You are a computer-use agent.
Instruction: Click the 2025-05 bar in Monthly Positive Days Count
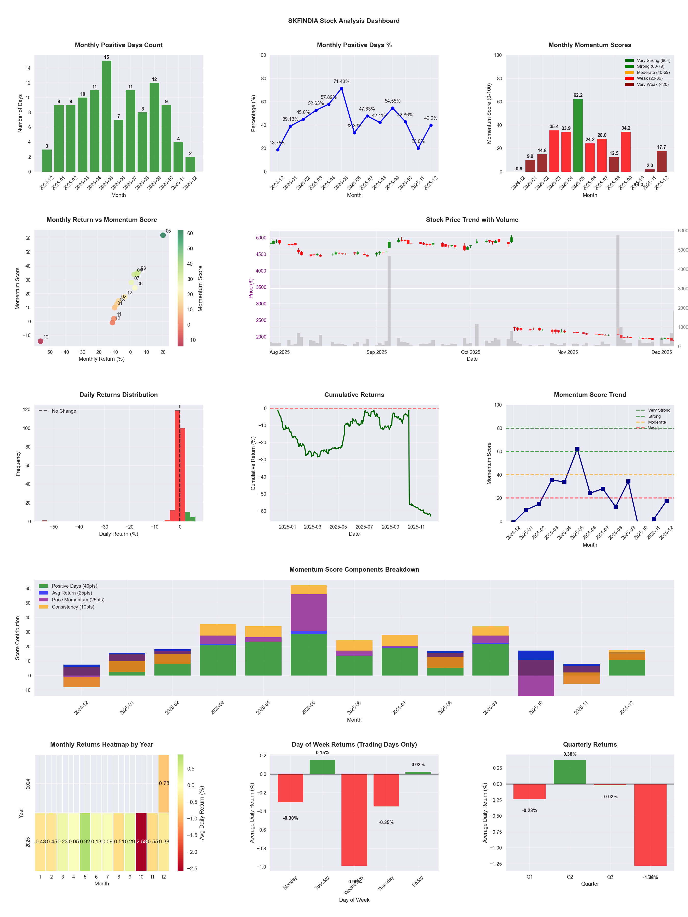(107, 116)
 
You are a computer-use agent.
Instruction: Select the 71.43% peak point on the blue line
(341, 89)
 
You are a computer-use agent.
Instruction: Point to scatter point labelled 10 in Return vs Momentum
(40, 341)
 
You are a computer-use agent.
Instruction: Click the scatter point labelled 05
(163, 235)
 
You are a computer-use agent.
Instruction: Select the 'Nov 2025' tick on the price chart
(567, 352)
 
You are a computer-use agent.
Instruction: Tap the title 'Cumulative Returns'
(354, 395)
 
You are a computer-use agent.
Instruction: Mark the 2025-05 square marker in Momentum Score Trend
(577, 449)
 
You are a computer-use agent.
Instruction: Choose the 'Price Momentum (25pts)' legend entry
(78, 600)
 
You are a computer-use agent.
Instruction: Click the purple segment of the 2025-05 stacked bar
(309, 612)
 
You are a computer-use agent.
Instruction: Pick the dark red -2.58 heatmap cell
(141, 842)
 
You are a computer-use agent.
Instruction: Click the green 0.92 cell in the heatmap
(85, 842)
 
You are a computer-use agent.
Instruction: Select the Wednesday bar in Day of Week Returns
(354, 820)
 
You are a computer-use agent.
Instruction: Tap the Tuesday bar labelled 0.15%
(322, 767)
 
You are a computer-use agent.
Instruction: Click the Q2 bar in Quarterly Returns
(570, 772)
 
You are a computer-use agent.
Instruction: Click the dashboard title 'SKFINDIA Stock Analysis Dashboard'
(344, 21)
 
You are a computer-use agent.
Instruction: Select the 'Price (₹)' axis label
(250, 289)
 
